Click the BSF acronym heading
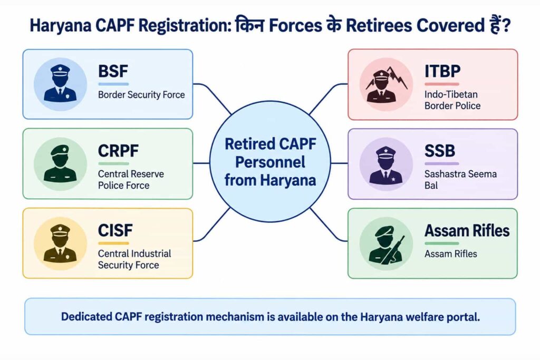tap(113, 71)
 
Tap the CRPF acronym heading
tap(118, 151)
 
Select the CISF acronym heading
tap(115, 230)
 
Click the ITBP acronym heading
tap(442, 71)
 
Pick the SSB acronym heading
tap(440, 151)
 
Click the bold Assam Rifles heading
tap(467, 230)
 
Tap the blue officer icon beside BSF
tap(60, 84)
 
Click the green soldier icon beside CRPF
tap(60, 164)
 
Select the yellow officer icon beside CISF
tap(60, 244)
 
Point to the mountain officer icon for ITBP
tap(386, 84)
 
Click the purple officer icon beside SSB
tap(386, 164)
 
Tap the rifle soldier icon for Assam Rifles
tap(386, 244)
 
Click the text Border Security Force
tap(141, 95)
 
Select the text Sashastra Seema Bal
tap(460, 180)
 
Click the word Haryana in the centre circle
tap(288, 180)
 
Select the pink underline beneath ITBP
tap(442, 84)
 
